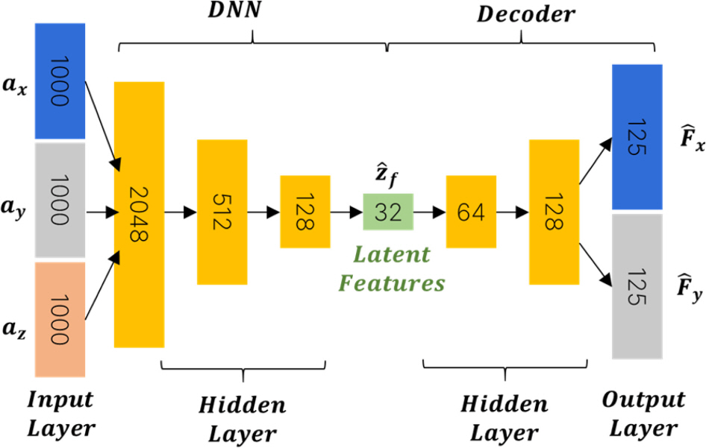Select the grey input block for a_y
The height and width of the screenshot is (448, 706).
pyautogui.click(x=60, y=201)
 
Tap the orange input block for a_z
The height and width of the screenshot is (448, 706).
pyautogui.click(x=60, y=319)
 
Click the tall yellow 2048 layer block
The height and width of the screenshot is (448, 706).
pyautogui.click(x=139, y=214)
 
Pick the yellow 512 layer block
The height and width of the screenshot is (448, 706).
pyautogui.click(x=222, y=212)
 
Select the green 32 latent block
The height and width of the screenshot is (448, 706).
pyautogui.click(x=388, y=212)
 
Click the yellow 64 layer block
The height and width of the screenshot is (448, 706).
pyautogui.click(x=470, y=212)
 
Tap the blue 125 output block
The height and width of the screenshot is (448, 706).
pyautogui.click(x=637, y=137)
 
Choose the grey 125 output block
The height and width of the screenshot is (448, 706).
pyautogui.click(x=637, y=286)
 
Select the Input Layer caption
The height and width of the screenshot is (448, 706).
pyautogui.click(x=61, y=414)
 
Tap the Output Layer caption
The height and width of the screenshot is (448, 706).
pyautogui.click(x=643, y=414)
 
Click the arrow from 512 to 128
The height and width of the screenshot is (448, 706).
pyautogui.click(x=263, y=212)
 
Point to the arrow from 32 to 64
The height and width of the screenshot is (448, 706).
pyautogui.click(x=429, y=212)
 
